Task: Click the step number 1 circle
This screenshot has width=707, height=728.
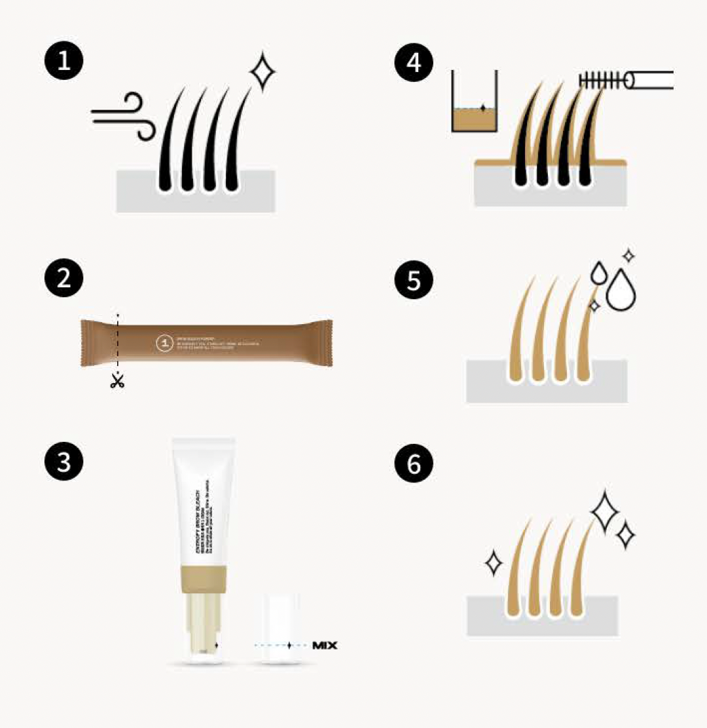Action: pyautogui.click(x=64, y=64)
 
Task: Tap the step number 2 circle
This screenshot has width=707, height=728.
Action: pyautogui.click(x=64, y=279)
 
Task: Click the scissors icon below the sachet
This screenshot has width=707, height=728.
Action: pyautogui.click(x=117, y=380)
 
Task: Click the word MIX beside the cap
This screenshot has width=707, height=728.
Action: pyautogui.click(x=325, y=646)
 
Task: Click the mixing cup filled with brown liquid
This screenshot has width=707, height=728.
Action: pyautogui.click(x=475, y=113)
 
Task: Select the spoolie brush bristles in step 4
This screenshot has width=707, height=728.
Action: pyautogui.click(x=601, y=80)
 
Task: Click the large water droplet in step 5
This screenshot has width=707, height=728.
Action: pyautogui.click(x=621, y=291)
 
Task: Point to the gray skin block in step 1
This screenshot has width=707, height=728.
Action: pyautogui.click(x=196, y=196)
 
